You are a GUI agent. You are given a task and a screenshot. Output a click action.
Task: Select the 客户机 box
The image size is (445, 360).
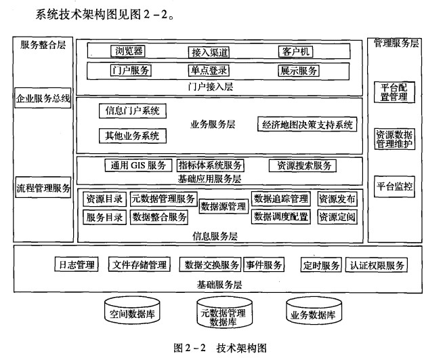coord(296,52)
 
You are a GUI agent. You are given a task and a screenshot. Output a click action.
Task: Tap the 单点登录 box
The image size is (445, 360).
coord(209,71)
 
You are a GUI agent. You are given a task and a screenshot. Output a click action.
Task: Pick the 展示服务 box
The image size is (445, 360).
coord(298,71)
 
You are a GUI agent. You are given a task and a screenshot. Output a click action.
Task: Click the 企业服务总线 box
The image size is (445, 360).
coord(43,99)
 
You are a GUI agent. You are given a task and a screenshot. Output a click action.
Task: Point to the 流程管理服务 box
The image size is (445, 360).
coord(43,188)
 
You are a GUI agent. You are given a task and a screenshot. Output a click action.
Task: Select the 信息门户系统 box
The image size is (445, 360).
coord(133,111)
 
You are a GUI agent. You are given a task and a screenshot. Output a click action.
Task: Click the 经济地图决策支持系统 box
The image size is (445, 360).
coord(307,125)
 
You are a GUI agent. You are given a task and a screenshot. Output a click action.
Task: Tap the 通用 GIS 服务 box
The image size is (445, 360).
coord(138,165)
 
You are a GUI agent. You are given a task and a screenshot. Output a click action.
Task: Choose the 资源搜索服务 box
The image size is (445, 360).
coord(301,165)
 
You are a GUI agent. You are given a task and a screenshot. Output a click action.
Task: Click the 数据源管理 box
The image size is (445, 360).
coord(223,207)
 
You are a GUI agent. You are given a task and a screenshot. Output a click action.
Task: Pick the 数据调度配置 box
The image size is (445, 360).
coord(280,217)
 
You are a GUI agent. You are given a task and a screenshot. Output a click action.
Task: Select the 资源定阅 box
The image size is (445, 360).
coord(337,217)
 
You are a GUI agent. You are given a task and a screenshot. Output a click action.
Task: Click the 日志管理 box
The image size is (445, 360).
coord(75,265)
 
